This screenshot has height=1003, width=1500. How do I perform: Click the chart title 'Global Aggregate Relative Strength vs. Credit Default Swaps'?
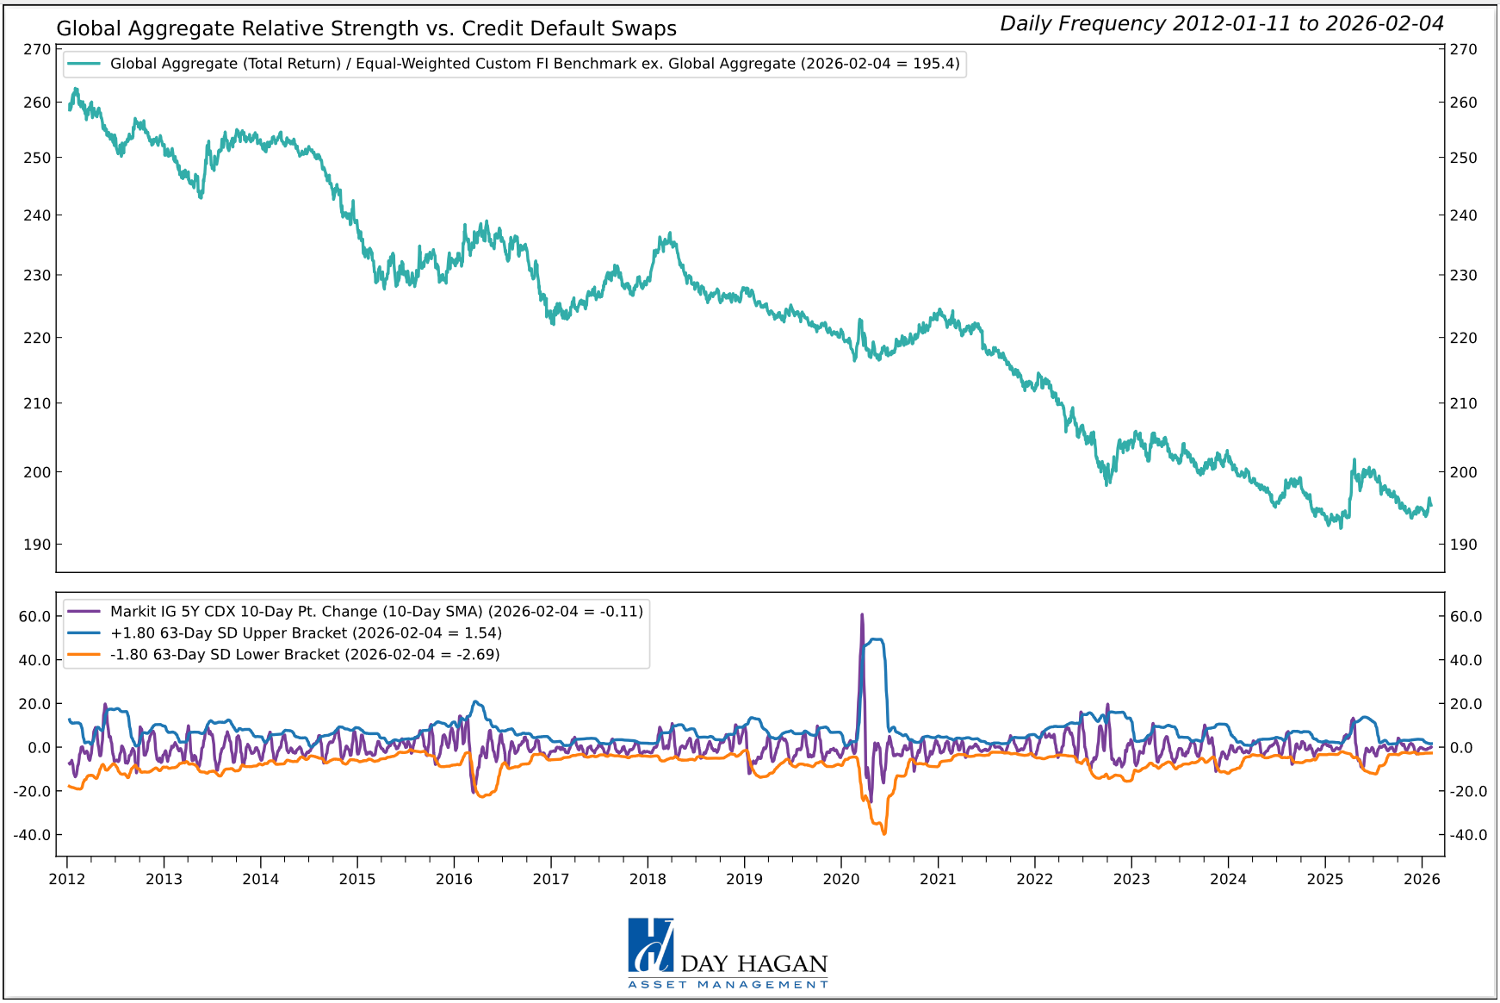[366, 28]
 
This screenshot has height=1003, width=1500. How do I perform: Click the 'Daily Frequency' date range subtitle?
[1221, 23]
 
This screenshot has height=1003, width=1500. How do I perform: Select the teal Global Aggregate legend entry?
[534, 64]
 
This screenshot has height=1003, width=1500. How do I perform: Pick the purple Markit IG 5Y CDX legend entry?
[376, 612]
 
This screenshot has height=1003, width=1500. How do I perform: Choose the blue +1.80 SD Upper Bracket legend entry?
[306, 633]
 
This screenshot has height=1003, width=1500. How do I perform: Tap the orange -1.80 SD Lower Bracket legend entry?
[305, 655]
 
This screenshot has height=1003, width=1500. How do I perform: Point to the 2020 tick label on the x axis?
[840, 879]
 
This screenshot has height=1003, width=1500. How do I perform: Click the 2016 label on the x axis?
[454, 879]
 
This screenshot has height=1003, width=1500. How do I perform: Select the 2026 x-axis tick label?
[1422, 879]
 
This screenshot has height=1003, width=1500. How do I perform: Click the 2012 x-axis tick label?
[66, 879]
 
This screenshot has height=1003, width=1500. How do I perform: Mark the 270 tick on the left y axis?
[37, 49]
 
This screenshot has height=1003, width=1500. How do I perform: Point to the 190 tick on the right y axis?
[1463, 545]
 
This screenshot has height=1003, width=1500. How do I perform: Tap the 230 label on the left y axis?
[37, 276]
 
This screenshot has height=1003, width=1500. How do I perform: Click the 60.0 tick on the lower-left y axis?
[34, 616]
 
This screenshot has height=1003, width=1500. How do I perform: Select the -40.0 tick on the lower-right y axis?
[1466, 835]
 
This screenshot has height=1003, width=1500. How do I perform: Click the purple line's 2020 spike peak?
[862, 615]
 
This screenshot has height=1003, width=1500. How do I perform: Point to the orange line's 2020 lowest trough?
[883, 833]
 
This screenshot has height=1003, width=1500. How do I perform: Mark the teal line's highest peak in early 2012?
[76, 89]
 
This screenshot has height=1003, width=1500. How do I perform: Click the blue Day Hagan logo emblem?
[651, 945]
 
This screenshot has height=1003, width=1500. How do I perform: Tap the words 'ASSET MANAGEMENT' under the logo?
[728, 984]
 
